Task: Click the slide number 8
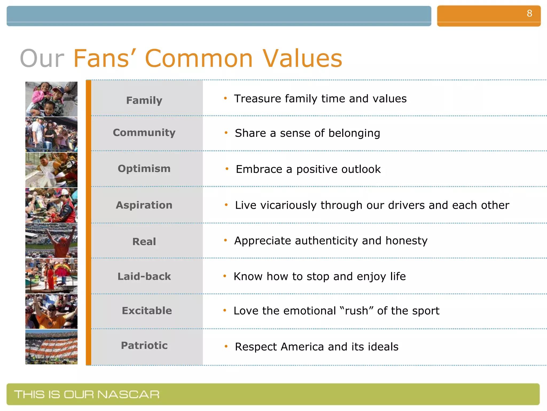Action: coord(529,13)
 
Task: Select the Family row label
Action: coord(144,100)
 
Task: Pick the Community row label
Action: coord(144,132)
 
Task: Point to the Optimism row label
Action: coord(144,169)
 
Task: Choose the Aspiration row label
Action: coord(144,205)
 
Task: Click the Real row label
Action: coord(144,241)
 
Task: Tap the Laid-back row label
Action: coord(144,276)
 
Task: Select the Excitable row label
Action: coord(147,310)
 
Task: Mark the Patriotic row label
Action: coord(144,345)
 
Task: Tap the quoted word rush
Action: coord(356,311)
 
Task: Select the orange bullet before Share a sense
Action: coord(226,132)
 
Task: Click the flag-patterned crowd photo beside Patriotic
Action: coord(51,347)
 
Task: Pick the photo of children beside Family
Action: coord(51,99)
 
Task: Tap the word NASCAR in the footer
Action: coord(128,394)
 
